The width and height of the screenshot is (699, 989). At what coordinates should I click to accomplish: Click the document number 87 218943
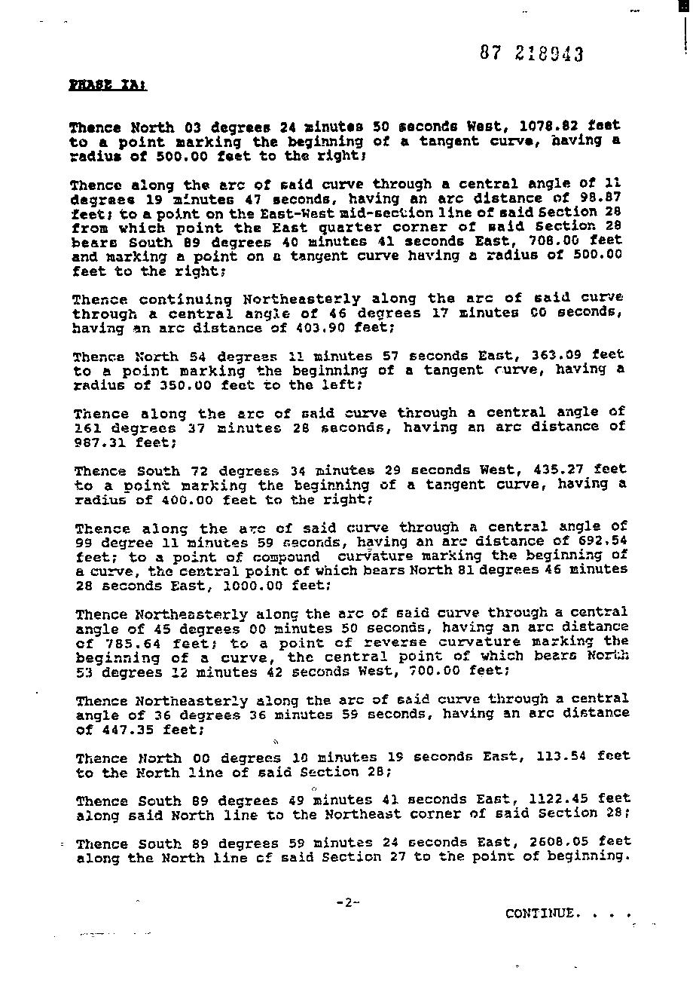click(x=531, y=54)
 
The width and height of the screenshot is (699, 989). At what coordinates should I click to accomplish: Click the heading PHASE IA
click(x=107, y=85)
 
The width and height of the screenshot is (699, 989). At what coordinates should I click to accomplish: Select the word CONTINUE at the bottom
click(x=542, y=914)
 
